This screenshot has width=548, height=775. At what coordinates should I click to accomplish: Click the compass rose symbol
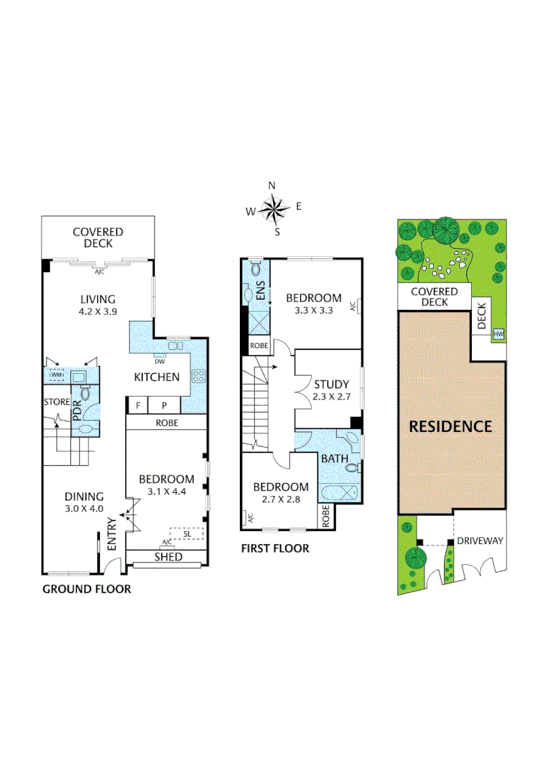pos(274,209)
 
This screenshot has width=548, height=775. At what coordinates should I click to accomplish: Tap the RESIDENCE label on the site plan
pos(450,426)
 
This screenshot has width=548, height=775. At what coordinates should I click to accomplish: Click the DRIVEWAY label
pos(480,540)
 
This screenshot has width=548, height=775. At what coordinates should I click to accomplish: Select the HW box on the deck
pos(498,334)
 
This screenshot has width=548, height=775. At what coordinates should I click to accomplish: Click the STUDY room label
pos(330,383)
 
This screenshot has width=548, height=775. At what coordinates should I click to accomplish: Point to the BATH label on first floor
pos(335,459)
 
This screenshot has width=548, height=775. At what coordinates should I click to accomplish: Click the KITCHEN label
pos(157,377)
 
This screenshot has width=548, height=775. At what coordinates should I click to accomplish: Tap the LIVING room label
pos(98,299)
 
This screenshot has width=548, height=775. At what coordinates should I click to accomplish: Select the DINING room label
pos(85,496)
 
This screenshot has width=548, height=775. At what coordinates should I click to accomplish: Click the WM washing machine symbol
pos(56,375)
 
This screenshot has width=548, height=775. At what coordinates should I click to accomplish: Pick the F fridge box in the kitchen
pos(138,405)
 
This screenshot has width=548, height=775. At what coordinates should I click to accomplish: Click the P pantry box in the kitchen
pos(163,405)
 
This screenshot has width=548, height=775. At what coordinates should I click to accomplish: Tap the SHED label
pos(168,557)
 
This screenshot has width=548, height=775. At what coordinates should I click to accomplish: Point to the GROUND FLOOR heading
pos(87,589)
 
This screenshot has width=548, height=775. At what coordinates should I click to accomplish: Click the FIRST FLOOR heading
pos(275,548)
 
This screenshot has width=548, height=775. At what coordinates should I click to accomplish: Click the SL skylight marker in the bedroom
pos(187,534)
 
